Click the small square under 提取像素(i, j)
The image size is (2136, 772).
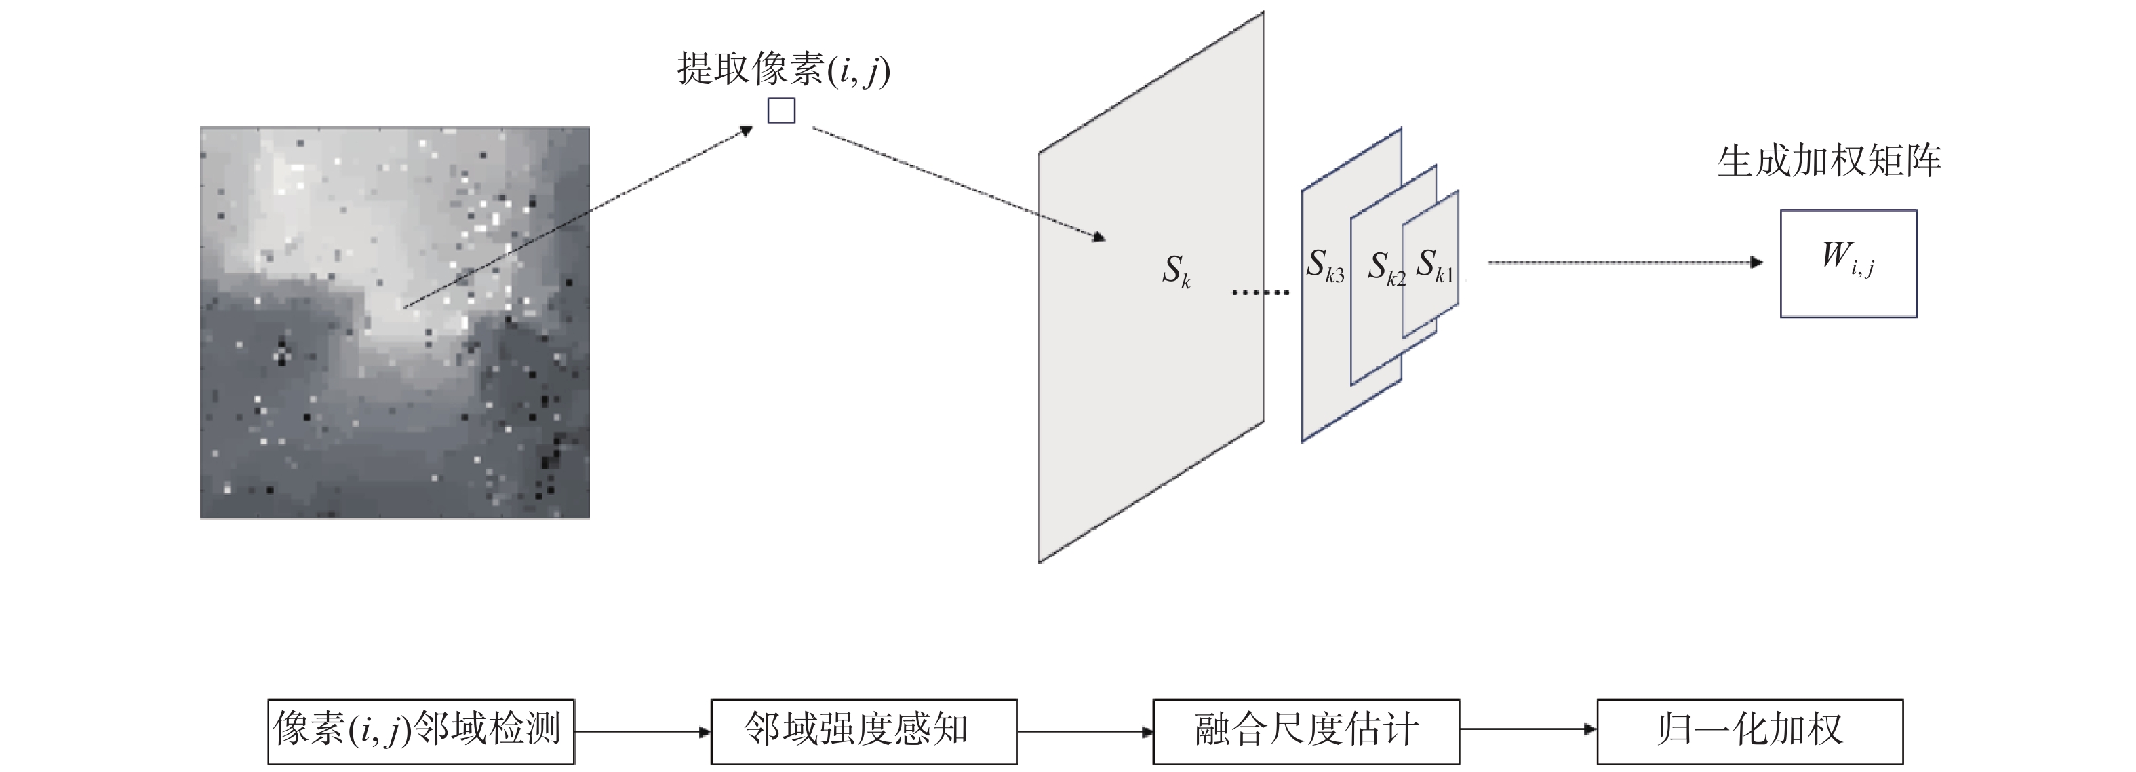coord(781,111)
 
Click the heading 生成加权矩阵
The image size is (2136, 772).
coord(1830,161)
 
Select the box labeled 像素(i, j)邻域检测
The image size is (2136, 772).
coord(420,731)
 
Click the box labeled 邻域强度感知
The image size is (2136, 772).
coord(863,731)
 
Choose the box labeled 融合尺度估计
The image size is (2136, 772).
coord(1305,731)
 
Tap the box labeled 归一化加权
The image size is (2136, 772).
coord(1749,731)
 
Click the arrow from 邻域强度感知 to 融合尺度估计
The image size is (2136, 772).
coord(1084,731)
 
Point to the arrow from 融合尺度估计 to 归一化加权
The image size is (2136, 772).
coord(1527,730)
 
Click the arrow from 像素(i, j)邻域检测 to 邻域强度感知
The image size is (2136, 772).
coord(643,731)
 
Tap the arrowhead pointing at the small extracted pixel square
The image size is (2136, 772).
coord(747,130)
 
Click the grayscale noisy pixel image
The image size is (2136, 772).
coord(395,322)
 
